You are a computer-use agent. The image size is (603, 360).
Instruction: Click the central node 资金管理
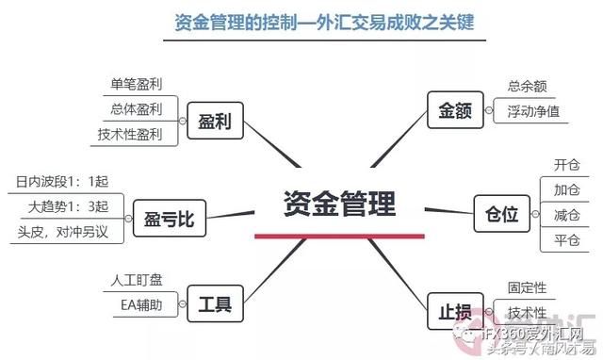(340, 205)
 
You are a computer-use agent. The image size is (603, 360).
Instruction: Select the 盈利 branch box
(215, 120)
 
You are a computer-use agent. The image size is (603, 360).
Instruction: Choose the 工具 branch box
(215, 304)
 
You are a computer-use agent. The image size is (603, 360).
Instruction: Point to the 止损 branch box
(454, 309)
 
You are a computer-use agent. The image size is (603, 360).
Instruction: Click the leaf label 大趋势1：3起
(68, 206)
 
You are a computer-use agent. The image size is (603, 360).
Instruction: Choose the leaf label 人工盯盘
(136, 280)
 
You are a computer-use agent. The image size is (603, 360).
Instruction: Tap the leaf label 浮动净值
(533, 111)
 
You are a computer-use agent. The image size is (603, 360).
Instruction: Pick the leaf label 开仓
(567, 163)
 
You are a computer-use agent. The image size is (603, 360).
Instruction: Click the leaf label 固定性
(528, 288)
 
